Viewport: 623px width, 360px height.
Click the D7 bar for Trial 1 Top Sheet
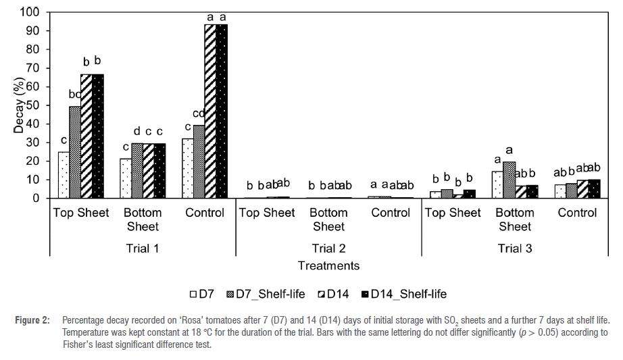coord(64,175)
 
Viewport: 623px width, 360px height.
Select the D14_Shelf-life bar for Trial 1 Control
coord(222,111)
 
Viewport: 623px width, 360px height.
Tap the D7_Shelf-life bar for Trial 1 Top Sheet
coord(75,152)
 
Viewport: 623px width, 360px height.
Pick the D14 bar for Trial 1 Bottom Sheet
coord(148,171)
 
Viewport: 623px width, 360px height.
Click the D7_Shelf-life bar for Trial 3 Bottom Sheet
coord(509,180)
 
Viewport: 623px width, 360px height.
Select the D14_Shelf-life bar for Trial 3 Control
coord(594,188)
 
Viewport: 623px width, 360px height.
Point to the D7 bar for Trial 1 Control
coord(188,168)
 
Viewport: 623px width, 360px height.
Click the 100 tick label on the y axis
coord(30,12)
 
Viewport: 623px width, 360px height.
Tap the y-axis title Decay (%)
coord(19,105)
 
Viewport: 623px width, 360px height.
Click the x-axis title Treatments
coord(328,265)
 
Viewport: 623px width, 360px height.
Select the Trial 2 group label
coord(328,249)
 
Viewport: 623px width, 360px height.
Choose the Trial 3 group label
coord(515,249)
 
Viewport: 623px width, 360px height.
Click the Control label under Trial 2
coord(391,213)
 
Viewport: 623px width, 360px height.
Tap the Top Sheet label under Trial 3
coord(453,213)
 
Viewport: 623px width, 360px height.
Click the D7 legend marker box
coord(193,294)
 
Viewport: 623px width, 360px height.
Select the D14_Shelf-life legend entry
coord(403,294)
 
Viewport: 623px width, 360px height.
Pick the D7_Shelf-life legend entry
coord(266,294)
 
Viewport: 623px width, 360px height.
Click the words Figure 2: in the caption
coord(32,320)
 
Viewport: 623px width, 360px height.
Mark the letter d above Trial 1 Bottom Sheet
coord(136,131)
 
